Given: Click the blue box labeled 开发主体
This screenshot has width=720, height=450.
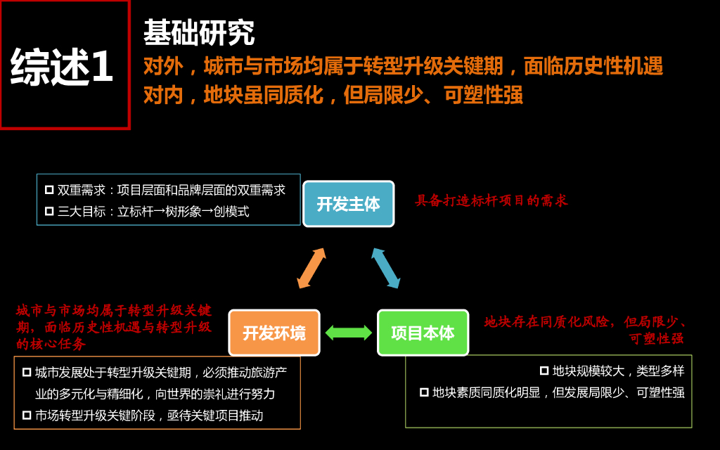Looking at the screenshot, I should coord(348,204).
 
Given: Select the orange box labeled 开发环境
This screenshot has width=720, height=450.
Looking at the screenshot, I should coord(274,333).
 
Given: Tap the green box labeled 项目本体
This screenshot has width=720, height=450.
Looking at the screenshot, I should coord(423,333).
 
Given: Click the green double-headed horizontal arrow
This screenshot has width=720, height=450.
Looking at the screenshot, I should coord(349,333).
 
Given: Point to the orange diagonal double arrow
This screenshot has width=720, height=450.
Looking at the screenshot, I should coord(311,268).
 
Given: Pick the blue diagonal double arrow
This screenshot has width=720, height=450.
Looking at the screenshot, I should coord(385,268).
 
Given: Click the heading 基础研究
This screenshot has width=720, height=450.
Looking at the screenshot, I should coord(199,32).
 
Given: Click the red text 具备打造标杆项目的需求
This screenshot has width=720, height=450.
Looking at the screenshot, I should coord(491,201).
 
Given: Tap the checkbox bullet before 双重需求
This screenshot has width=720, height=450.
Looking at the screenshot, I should coord(49,190).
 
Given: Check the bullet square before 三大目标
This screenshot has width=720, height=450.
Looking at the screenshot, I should coord(49,211).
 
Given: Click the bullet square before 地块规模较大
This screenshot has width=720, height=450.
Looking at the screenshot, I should coord(544,371).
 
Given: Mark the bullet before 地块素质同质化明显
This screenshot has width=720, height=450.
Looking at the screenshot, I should coord(424,392).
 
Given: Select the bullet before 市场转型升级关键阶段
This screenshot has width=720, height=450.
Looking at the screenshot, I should coord(27,415).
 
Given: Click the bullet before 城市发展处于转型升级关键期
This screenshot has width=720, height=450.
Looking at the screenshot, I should coord(27,372).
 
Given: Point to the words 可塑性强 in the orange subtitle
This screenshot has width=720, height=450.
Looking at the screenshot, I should coord(483,94).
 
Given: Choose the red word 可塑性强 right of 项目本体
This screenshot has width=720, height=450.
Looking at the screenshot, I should coord(656,338).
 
